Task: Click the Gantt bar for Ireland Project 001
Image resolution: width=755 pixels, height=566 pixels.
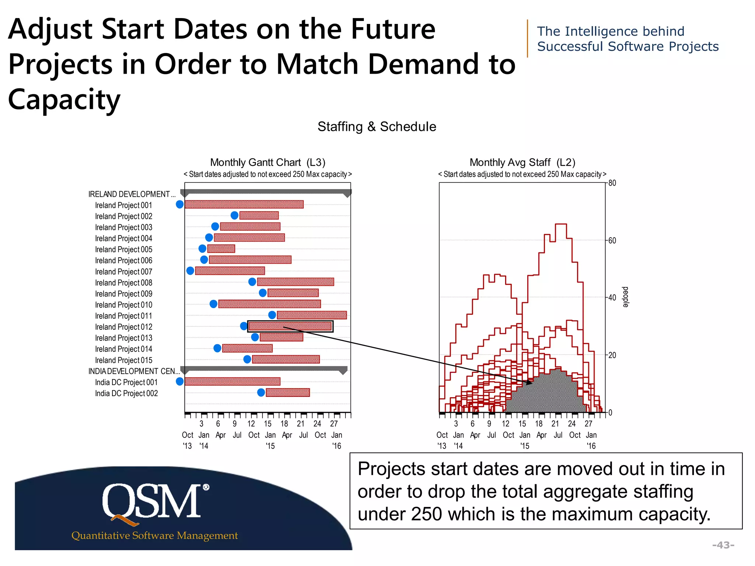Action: point(244,205)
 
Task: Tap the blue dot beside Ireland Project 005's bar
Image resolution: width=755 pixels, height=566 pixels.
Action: point(202,249)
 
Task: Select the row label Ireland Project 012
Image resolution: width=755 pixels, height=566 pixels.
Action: point(123,327)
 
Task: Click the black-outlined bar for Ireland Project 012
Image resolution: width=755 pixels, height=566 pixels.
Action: point(290,326)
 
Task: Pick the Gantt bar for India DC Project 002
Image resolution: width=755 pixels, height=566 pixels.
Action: point(288,393)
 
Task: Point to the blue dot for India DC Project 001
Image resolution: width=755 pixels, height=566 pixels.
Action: point(180,382)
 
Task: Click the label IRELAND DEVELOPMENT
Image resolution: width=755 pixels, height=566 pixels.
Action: point(129,194)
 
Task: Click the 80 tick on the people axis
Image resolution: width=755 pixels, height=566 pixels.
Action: point(612,183)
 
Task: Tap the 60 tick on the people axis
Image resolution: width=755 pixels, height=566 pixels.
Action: point(612,241)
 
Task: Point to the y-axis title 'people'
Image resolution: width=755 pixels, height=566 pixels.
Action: point(626,297)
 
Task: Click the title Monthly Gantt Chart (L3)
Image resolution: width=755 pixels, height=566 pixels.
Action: point(268,163)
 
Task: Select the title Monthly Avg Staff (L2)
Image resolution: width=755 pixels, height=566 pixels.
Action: point(522,163)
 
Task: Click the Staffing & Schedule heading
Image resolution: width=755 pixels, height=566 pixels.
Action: point(377,127)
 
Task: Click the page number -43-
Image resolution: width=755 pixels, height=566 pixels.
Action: point(723,545)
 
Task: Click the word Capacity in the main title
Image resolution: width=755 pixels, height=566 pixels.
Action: point(64,99)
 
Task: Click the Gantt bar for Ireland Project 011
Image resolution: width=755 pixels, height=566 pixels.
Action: point(312,315)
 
